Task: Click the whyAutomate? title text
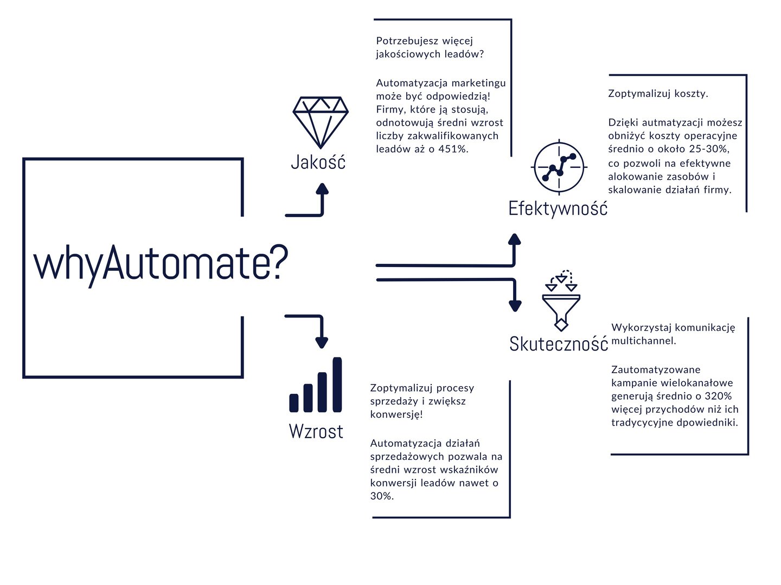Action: tap(161, 264)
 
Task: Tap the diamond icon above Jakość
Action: tap(320, 122)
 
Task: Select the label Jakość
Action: tap(318, 162)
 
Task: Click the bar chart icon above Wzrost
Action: tap(316, 385)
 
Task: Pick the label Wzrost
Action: tap(316, 432)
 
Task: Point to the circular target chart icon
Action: tap(559, 167)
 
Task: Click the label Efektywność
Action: tap(558, 209)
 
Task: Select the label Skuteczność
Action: tap(558, 344)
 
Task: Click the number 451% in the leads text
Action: tap(453, 149)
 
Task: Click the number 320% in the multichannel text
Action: tap(718, 396)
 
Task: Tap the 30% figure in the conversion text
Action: tap(382, 496)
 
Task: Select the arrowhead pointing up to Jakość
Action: tap(322, 188)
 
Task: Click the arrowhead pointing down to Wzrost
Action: tap(322, 342)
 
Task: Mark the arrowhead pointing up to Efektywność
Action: tap(514, 239)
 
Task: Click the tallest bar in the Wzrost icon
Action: tap(337, 385)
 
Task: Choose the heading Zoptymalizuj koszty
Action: tap(658, 94)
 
